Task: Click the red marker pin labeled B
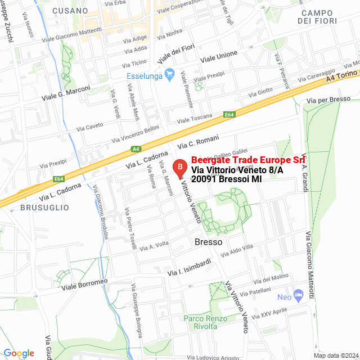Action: (179, 167)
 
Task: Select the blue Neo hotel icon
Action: (298, 295)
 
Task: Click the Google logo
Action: (19, 353)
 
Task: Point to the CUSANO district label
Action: (70, 11)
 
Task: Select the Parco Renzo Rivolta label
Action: (200, 322)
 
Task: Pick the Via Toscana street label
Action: (195, 119)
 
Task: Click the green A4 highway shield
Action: (136, 149)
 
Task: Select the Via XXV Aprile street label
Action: (270, 313)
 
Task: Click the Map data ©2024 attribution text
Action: (336, 355)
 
